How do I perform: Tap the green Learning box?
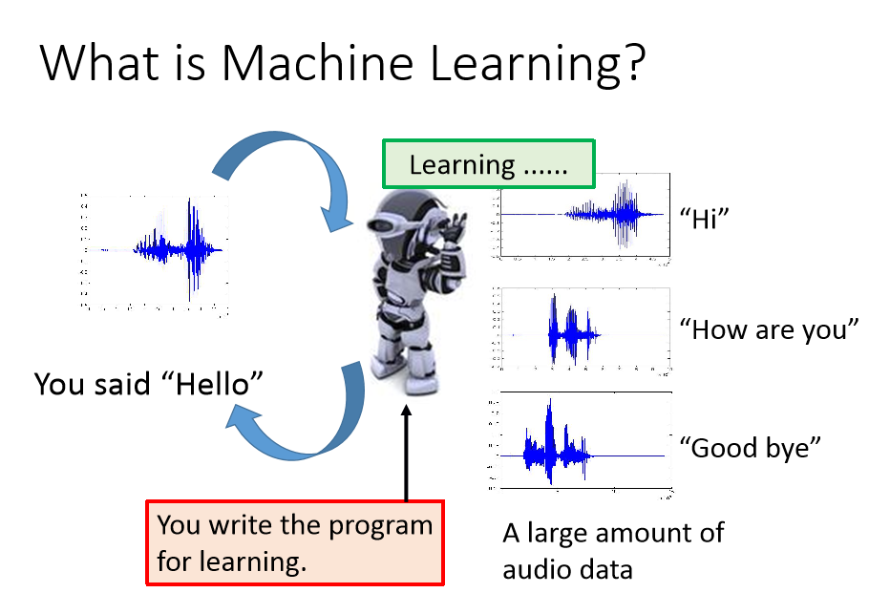tap(488, 164)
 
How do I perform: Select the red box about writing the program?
tap(295, 542)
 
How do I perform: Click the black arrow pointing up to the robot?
tap(406, 453)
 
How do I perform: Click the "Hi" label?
tap(704, 219)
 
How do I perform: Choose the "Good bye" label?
tap(750, 447)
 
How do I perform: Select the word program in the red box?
tap(380, 526)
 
